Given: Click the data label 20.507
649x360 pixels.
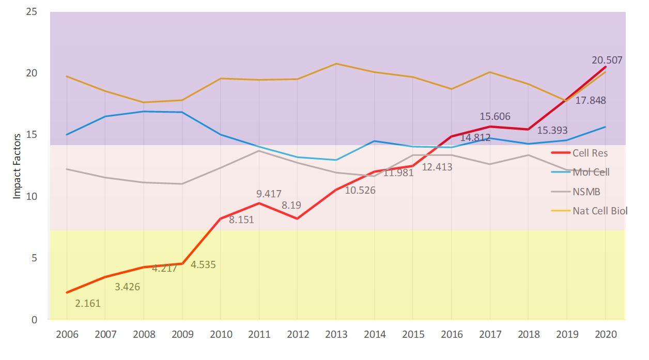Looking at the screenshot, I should point(607,60).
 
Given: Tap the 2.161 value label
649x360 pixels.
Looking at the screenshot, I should point(88,304).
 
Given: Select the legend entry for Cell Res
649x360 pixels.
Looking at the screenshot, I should point(590,153).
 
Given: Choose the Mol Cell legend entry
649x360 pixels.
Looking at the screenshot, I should point(591,172).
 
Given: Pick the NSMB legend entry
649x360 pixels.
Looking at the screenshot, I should point(586,192).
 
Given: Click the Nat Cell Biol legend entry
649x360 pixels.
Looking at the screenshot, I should point(599,211).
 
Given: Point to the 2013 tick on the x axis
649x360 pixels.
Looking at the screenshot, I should point(336,334).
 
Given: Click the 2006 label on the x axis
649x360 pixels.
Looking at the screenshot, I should point(67,334).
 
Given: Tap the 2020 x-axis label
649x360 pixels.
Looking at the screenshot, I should point(606,334).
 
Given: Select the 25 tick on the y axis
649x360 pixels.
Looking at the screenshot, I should point(32,11).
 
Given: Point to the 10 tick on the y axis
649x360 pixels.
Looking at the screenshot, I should point(32,196).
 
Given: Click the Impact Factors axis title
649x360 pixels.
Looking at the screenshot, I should point(17,166).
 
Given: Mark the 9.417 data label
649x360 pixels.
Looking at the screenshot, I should point(269,194).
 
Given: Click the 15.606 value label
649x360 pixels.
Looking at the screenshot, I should point(495,117).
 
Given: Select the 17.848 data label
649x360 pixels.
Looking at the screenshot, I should point(591,101).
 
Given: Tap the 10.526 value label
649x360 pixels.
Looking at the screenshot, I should point(361,191).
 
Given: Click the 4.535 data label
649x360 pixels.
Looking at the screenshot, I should point(203,265).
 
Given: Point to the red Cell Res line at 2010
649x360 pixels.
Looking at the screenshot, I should point(221,219).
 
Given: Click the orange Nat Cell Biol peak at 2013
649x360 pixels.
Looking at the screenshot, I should point(336,64).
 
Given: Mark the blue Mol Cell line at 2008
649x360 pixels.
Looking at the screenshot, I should point(144,111).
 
